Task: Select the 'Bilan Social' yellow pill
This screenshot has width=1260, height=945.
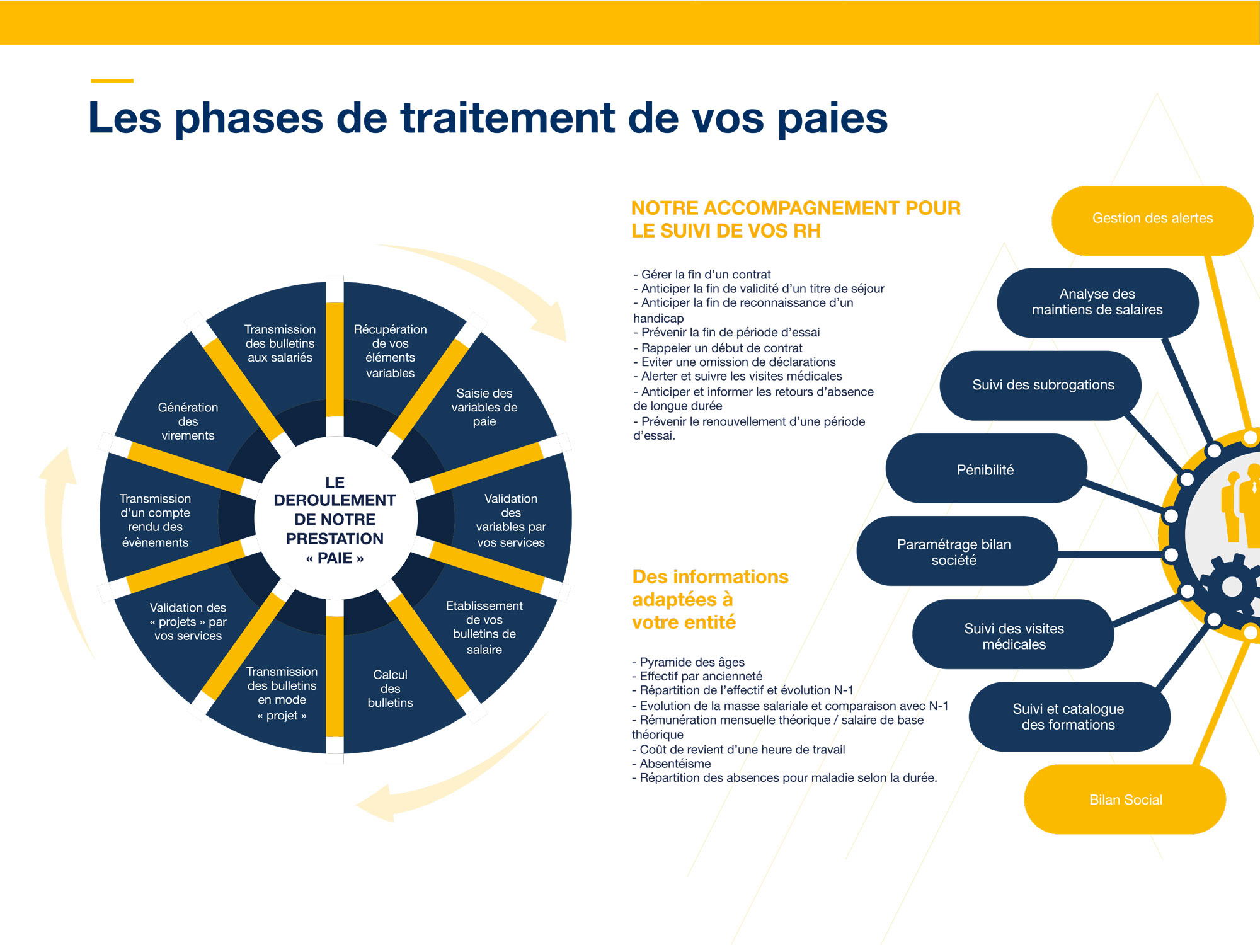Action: (x=1125, y=800)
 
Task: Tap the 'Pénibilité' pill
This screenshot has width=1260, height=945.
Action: (x=985, y=469)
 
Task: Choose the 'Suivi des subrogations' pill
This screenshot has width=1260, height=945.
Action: (x=1043, y=385)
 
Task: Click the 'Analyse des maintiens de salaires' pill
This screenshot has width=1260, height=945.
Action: (x=1097, y=302)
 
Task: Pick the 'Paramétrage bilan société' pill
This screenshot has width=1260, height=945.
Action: (x=954, y=552)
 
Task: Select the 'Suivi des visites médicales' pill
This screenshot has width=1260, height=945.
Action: (x=1014, y=636)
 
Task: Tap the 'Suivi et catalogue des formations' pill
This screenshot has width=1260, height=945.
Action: (x=1068, y=717)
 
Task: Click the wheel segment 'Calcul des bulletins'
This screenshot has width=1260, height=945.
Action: (x=391, y=689)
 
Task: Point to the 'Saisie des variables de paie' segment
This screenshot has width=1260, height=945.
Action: (x=484, y=408)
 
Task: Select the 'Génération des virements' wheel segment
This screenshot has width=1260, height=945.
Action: (x=188, y=421)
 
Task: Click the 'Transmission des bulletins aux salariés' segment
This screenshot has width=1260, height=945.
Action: (x=280, y=343)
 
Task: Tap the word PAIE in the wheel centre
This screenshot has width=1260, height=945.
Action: (x=335, y=558)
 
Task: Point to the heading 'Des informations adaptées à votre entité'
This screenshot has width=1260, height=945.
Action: (x=709, y=599)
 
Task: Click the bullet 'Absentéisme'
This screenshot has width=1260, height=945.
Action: (x=675, y=764)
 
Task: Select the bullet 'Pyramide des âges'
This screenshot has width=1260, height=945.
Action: (x=692, y=662)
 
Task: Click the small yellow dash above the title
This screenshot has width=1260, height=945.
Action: (x=112, y=81)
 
